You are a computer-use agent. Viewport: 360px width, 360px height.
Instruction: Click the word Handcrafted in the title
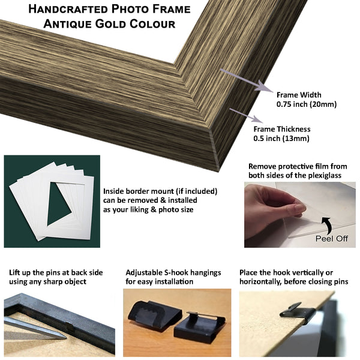pos(68,9)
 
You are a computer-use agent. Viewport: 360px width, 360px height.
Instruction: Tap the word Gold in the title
pos(110,24)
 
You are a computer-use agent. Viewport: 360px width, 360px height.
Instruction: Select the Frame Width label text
pos(299,95)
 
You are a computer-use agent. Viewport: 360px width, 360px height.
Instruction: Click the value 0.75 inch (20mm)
pos(306,104)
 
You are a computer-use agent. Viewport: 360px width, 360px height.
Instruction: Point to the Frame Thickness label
pos(282,129)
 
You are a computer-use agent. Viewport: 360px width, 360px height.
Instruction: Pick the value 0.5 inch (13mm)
pos(281,139)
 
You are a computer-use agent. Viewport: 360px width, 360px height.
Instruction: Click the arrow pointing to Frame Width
pos(247,80)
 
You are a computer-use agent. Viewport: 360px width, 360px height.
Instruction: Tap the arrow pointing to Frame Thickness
pos(246,115)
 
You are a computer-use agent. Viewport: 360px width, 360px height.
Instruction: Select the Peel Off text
pos(332,239)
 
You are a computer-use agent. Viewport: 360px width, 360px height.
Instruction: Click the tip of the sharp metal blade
pos(66,338)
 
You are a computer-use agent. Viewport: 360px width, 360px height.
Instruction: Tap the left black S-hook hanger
pos(155,315)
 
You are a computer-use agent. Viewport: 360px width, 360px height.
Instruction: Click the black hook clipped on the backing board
pos(298,313)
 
